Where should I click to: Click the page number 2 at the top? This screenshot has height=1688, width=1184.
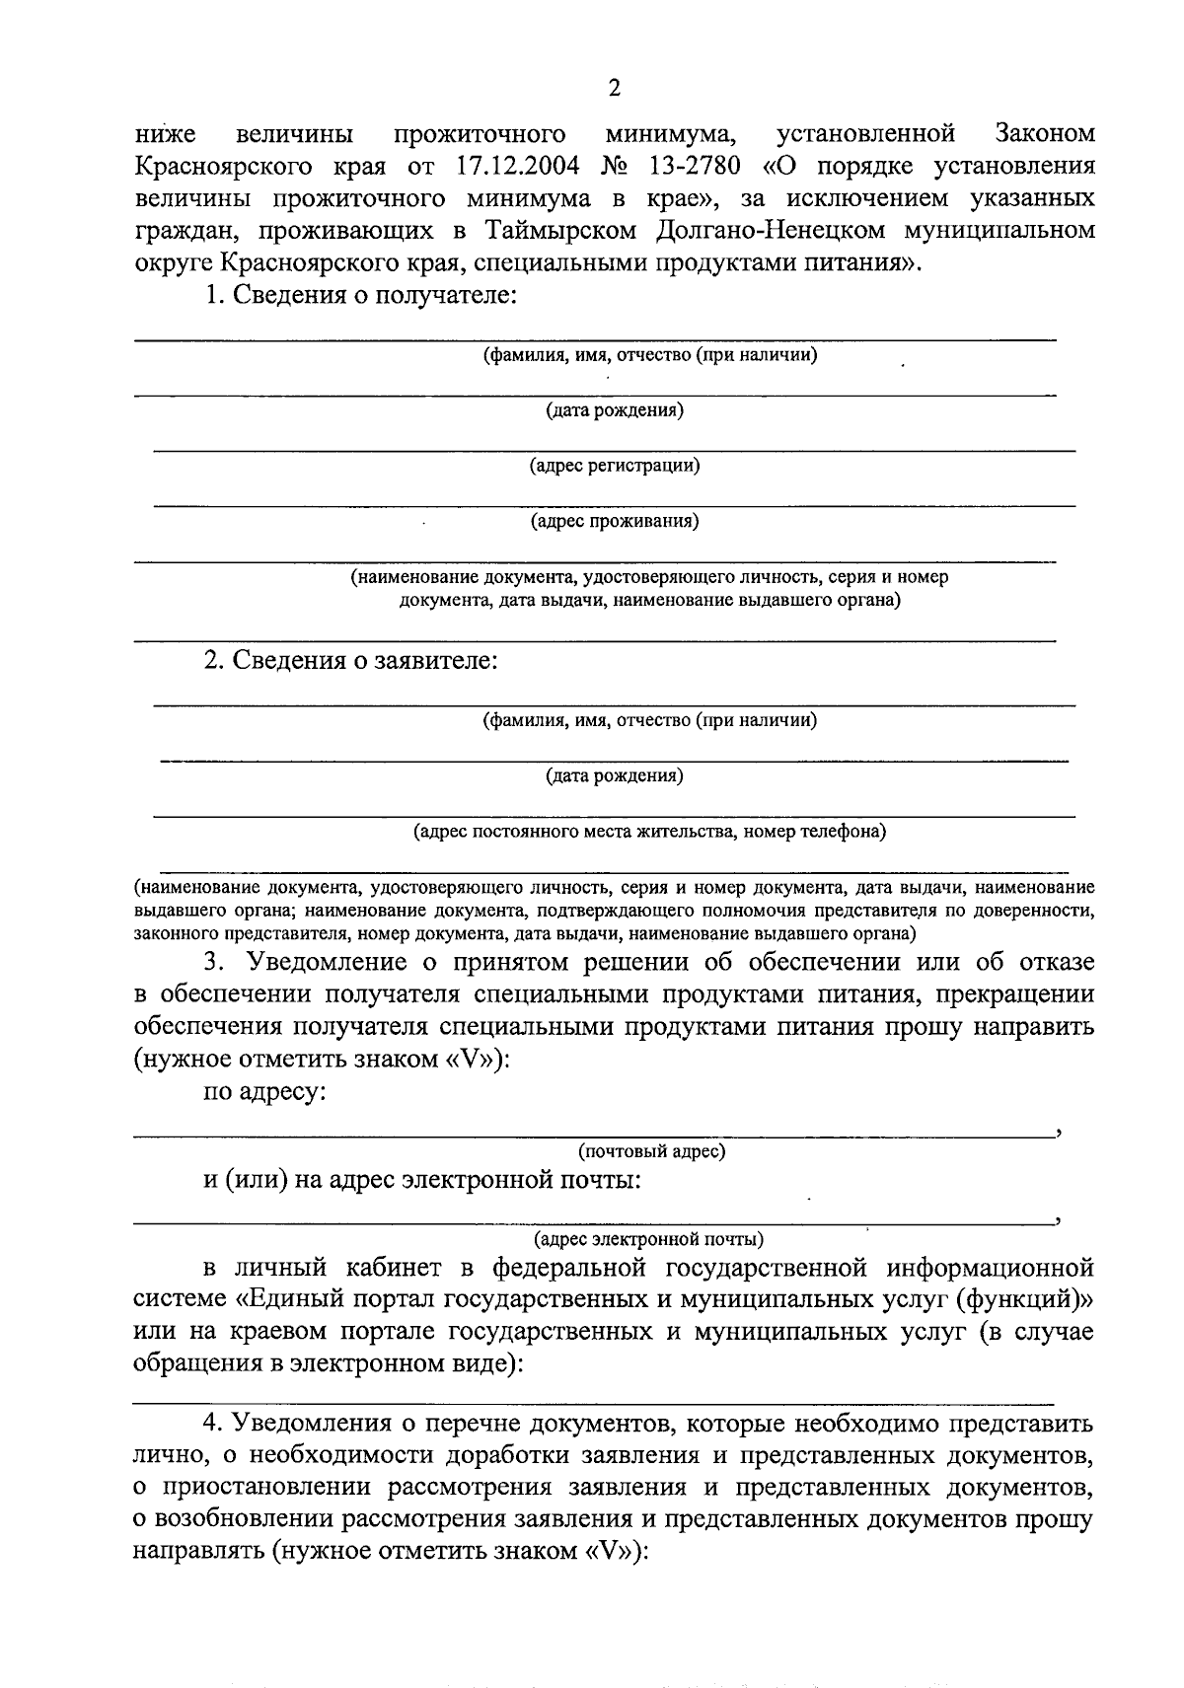tap(614, 89)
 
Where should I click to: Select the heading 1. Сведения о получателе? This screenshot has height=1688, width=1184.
tap(360, 295)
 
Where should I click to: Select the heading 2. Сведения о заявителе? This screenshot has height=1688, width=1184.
tap(350, 660)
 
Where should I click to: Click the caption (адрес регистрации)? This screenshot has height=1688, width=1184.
tap(614, 466)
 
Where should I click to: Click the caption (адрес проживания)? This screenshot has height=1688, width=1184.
tap(614, 521)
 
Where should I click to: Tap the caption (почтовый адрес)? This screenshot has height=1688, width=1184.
tap(651, 1150)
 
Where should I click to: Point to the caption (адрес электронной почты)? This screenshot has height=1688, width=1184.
tap(647, 1238)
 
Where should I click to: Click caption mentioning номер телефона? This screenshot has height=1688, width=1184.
tap(649, 832)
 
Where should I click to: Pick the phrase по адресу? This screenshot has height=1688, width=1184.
tap(264, 1092)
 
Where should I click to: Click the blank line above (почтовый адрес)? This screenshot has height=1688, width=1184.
tap(592, 1136)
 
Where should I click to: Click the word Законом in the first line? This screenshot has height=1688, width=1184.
tap(1045, 132)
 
